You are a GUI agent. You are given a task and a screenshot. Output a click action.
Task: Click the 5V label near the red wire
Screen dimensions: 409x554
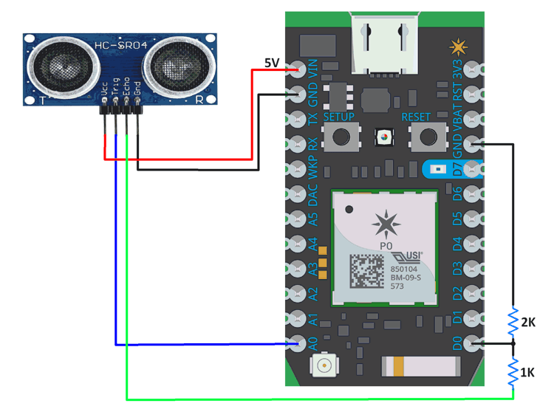271,63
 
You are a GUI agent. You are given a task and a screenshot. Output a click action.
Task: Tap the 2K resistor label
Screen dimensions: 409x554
527,323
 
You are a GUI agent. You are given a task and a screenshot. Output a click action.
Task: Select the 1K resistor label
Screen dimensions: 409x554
527,373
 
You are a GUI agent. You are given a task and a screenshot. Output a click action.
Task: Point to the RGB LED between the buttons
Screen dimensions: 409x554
383,137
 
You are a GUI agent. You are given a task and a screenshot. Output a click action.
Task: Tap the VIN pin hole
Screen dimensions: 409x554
298,70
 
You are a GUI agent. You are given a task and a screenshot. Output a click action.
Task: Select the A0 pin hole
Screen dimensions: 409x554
298,343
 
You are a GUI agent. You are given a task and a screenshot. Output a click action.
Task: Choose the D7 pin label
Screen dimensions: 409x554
456,169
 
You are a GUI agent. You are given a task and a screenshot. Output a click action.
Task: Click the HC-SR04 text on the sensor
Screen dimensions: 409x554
120,47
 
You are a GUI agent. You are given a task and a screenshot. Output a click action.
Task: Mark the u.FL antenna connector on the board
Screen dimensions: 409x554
324,365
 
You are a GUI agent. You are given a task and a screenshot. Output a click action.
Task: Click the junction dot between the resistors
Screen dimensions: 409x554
512,343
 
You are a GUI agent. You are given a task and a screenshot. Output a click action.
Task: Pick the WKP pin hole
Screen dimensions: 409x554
298,169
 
